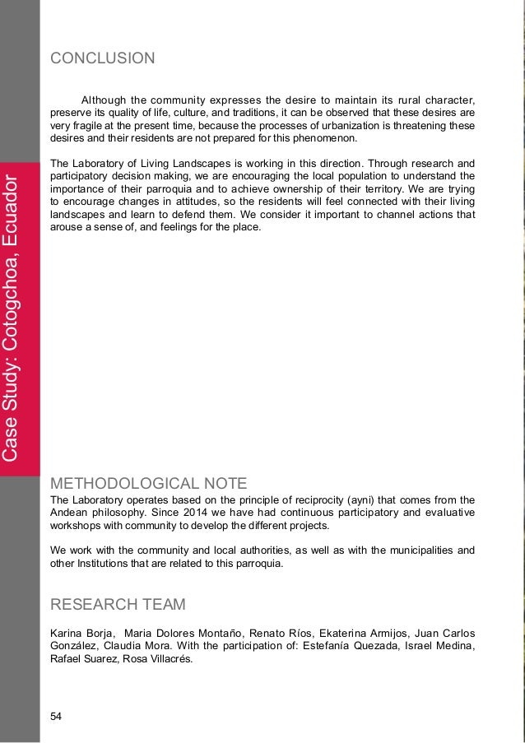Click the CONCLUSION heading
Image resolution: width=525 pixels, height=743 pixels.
tap(102, 58)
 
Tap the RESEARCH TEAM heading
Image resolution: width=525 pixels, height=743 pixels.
tap(118, 606)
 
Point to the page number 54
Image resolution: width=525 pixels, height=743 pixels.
tap(56, 717)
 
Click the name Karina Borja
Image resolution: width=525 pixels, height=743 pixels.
tap(82, 632)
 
